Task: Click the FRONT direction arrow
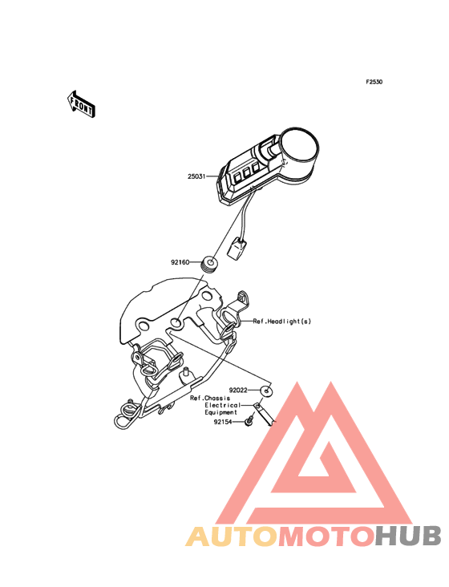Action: coord(81,103)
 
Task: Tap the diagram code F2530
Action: coord(374,82)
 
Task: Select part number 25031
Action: coord(196,176)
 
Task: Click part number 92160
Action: coord(180,262)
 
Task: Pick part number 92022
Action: coord(238,390)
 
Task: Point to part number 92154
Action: coord(223,422)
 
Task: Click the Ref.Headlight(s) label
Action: coord(282,322)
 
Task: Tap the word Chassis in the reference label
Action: coord(217,398)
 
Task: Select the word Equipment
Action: coord(220,412)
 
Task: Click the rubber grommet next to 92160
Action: coord(209,265)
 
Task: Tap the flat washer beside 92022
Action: coord(266,391)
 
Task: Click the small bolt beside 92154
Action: coord(249,419)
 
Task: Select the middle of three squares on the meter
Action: coord(247,172)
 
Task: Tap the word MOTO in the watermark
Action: coord(327,536)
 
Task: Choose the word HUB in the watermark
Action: coord(409,536)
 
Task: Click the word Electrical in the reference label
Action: coord(223,405)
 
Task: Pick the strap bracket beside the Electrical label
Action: coord(265,414)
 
